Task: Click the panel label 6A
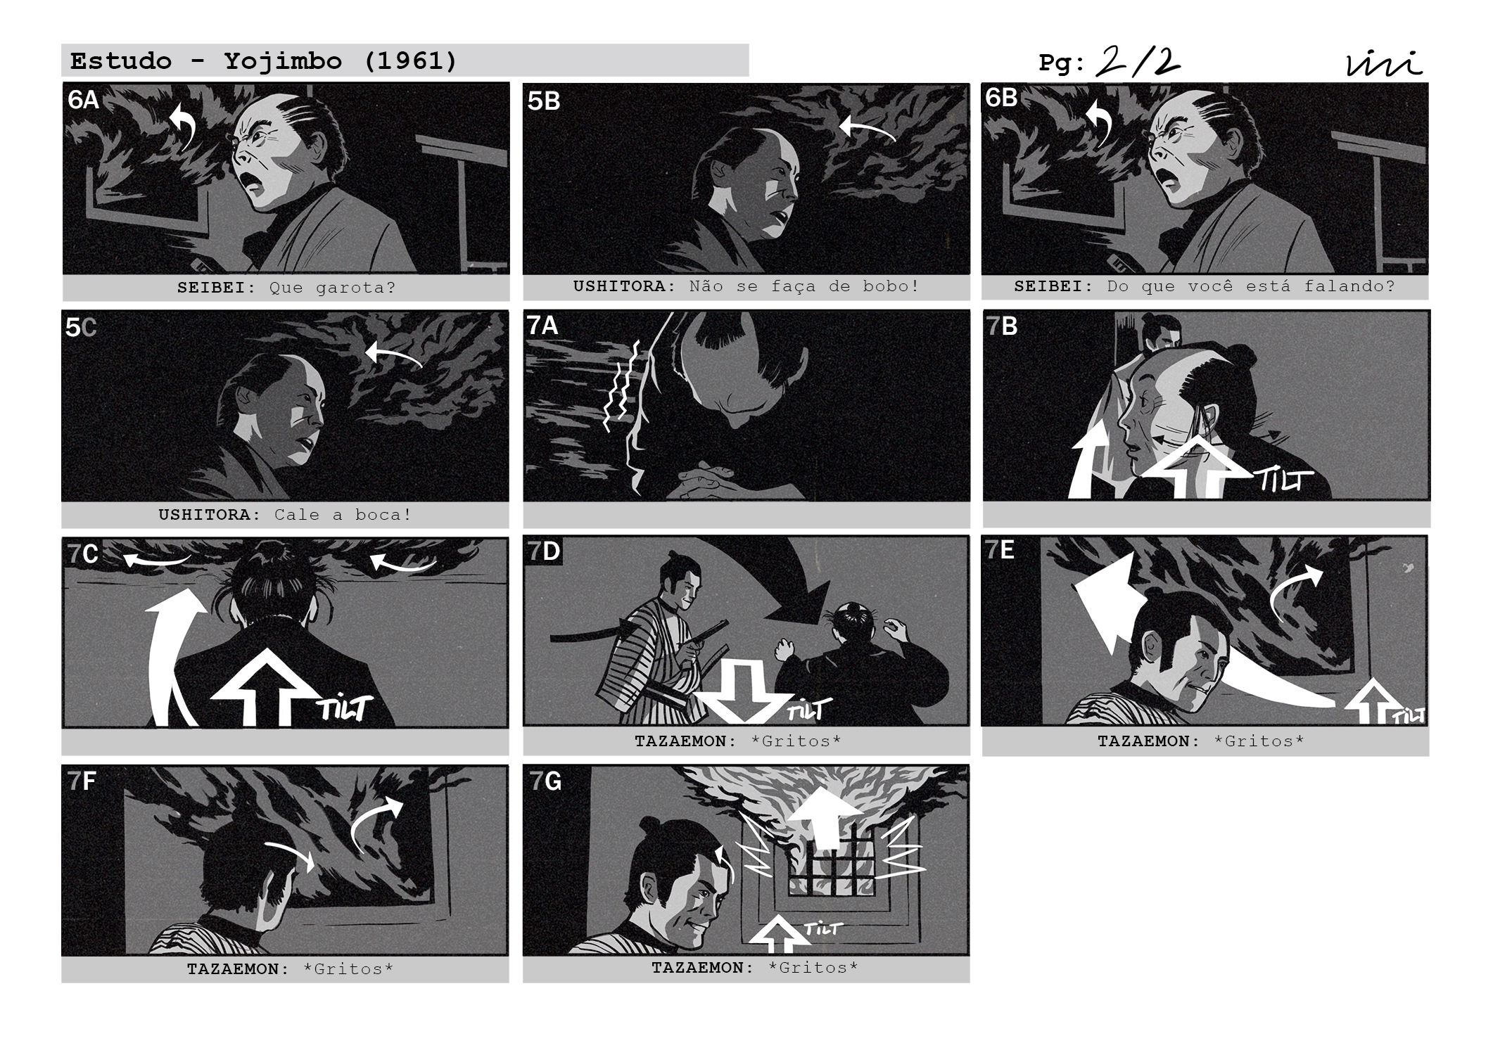pyautogui.click(x=83, y=100)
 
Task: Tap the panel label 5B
pyautogui.click(x=543, y=101)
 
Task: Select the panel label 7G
pyautogui.click(x=545, y=781)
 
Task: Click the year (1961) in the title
pyautogui.click(x=411, y=61)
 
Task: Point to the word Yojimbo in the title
pyautogui.click(x=284, y=61)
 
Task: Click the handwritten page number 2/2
pyautogui.click(x=1138, y=62)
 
